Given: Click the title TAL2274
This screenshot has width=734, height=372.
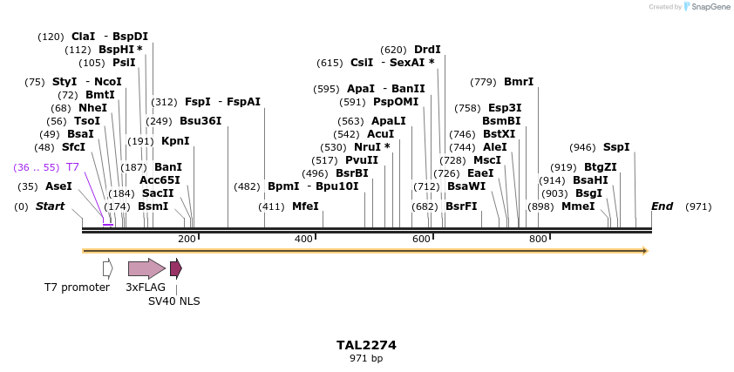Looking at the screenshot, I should point(366,345).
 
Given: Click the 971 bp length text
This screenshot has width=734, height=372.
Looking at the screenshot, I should point(366,358).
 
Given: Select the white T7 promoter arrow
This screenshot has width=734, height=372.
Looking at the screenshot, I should point(107,268).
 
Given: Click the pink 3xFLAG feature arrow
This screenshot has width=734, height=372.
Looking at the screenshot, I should point(146,268).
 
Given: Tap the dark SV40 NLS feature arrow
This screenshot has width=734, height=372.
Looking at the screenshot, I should point(176,268).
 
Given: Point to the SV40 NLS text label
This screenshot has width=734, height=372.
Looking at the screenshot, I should point(173,301).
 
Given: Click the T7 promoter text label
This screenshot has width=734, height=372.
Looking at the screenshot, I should point(78,287).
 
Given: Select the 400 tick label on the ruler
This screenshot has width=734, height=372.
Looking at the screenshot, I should point(303,239).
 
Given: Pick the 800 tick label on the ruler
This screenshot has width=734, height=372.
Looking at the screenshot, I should point(538,239).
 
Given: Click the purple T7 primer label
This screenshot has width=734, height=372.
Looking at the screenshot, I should point(73,166).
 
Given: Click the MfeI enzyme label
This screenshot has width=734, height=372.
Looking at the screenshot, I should point(305,206).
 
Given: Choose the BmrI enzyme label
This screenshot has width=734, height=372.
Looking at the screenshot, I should point(519,82).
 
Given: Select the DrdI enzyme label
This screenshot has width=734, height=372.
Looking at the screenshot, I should point(427,50).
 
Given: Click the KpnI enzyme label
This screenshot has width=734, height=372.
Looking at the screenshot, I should point(175,140).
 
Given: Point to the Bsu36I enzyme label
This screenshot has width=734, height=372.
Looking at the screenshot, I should point(200,121).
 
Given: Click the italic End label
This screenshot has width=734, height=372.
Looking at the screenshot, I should point(662,206).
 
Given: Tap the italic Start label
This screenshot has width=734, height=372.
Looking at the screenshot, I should point(50,206).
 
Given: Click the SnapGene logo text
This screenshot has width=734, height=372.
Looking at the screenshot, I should point(710,7).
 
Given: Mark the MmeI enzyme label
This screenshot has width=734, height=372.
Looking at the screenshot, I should point(577,206).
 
